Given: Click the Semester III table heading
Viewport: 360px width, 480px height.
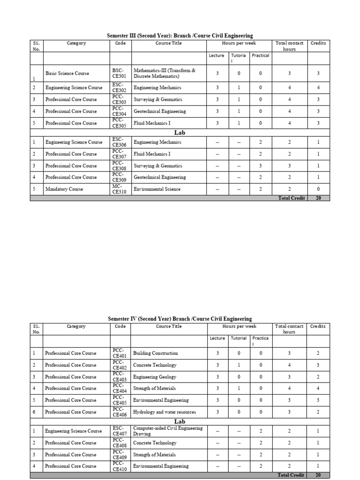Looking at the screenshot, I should coord(180,36).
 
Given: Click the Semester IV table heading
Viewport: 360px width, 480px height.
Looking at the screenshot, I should coord(180,319).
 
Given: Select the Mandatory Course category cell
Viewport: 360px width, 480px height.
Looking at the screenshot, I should coord(64,189).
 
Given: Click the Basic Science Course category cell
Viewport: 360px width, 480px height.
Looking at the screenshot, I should coord(67,73).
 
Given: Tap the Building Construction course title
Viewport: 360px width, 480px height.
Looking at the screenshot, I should coord(156,353).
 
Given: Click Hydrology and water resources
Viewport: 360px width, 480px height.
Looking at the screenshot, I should coord(165,412).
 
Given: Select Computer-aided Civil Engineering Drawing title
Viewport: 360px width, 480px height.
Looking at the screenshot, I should coord(168,431).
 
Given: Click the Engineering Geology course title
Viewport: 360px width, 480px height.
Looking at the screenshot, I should coord(155,376).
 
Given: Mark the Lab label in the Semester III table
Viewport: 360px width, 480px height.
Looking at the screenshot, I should coord(180,133).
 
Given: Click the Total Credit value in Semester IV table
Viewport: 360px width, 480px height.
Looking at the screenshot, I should coord(318,475).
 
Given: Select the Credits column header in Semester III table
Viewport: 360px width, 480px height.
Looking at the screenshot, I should coord(318,43).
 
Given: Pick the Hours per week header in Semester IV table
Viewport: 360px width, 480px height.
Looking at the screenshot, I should coord(239,326).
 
